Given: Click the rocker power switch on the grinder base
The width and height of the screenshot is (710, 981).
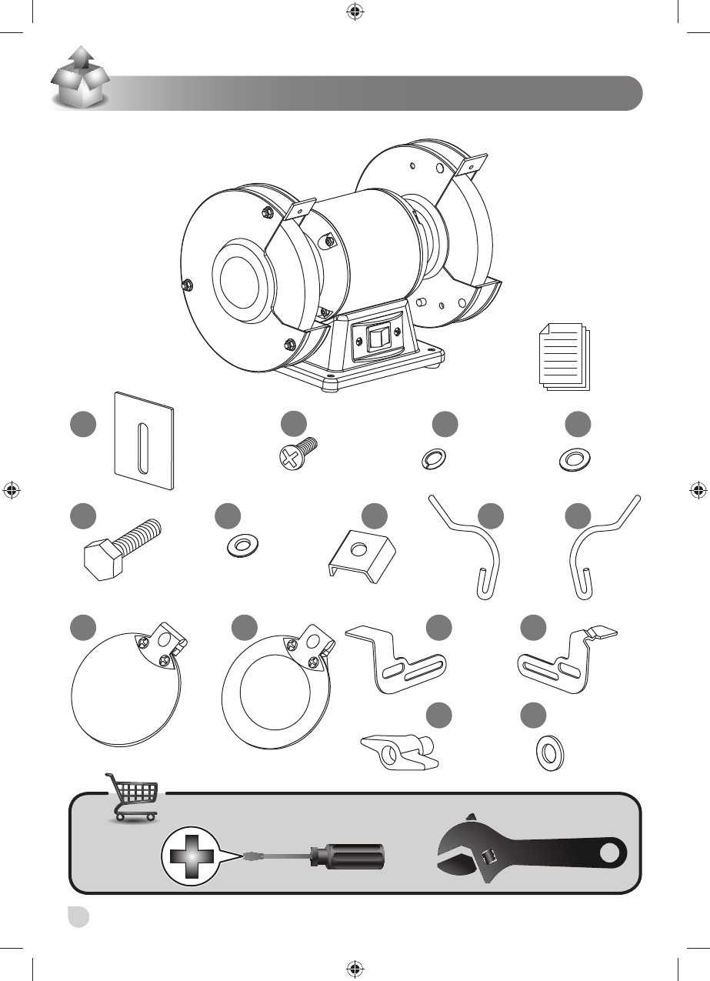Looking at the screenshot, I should click(x=375, y=339).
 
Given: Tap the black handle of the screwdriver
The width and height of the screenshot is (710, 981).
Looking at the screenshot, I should click(x=346, y=855).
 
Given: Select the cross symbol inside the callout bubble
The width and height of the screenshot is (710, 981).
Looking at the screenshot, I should click(x=188, y=855).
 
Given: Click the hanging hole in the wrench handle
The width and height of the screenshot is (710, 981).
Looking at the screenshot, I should click(x=610, y=853).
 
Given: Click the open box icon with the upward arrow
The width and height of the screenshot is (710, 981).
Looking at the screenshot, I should click(x=78, y=78).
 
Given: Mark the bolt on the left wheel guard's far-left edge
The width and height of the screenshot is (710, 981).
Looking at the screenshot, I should click(x=186, y=285).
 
